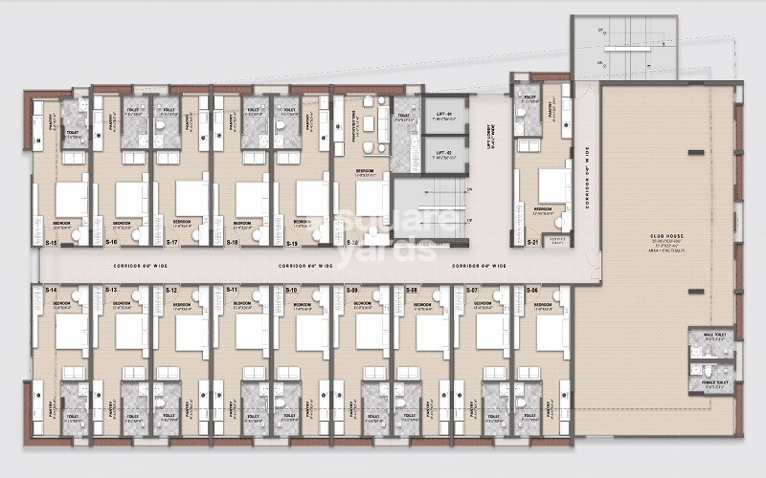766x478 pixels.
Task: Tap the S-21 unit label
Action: [x=533, y=243]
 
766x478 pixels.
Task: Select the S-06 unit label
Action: [x=532, y=290]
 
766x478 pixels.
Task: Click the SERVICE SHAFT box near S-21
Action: [x=555, y=239]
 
